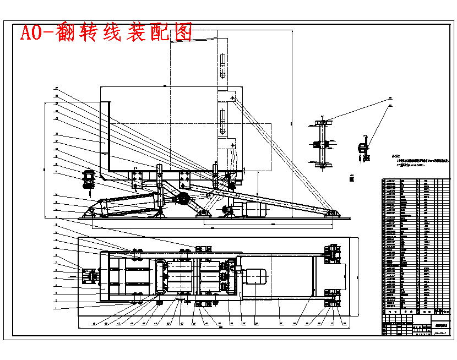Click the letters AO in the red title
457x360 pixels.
[x=31, y=32]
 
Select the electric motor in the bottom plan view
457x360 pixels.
[x=254, y=275]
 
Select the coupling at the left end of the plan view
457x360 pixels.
[x=89, y=275]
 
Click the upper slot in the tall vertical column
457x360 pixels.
[x=222, y=66]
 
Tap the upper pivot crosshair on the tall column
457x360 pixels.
[x=233, y=98]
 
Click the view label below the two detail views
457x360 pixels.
[x=351, y=177]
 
